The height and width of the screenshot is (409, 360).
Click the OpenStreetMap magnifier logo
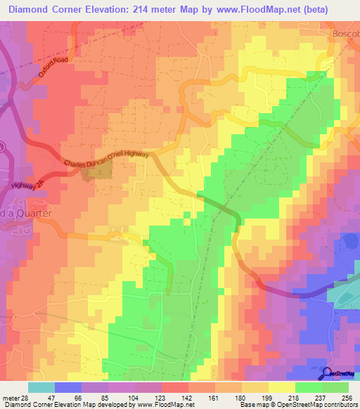[x=327, y=374]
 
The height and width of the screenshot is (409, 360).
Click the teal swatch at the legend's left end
[x=41, y=387]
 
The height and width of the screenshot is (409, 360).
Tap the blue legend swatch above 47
[x=67, y=387]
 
